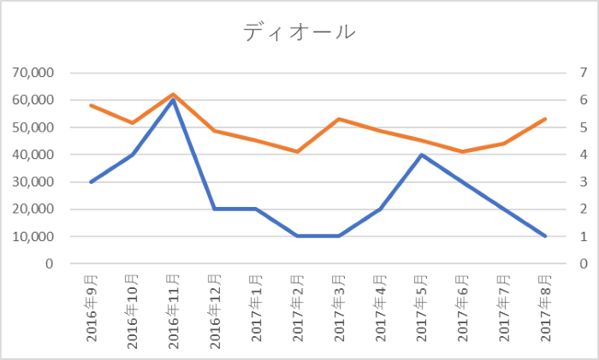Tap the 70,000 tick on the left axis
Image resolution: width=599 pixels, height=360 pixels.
point(32,73)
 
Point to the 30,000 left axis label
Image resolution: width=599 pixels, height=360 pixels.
point(32,182)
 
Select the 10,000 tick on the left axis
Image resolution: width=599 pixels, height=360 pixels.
point(32,237)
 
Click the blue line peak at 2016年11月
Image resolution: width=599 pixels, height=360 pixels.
point(173,100)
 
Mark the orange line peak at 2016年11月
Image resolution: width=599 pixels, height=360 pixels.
point(173,94)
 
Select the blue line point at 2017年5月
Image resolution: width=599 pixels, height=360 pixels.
point(421,155)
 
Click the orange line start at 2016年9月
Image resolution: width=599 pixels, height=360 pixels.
point(91,105)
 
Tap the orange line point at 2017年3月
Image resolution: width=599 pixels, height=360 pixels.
point(339,119)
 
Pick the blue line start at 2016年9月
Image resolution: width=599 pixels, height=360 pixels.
point(91,182)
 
